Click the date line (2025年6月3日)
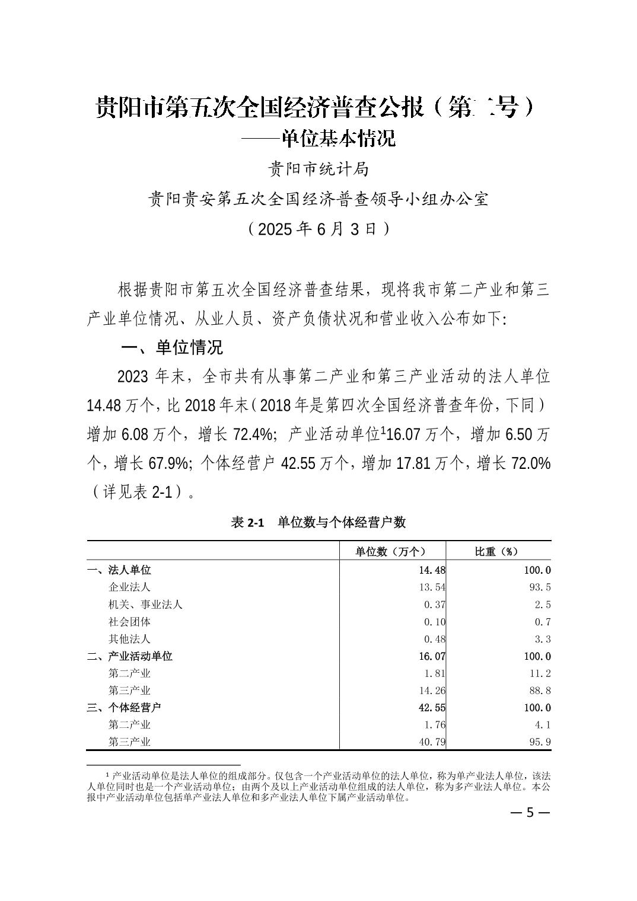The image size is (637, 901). coord(318,229)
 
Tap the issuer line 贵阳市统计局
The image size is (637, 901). coord(318,170)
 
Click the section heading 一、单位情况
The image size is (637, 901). coord(171,347)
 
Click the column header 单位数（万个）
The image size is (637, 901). coord(391,551)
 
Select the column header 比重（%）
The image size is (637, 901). coord(496,551)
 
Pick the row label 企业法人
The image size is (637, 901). coord(130,587)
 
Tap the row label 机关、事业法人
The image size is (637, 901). coord(145,605)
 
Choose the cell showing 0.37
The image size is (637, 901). coord(435,605)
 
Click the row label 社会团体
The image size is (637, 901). coord(130,622)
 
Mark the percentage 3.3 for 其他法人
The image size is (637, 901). coord(543,639)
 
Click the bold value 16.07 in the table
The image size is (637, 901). coord(432,656)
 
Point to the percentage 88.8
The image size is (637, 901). coord(540,691)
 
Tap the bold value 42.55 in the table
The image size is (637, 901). coord(432,708)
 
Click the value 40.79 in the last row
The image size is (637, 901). coord(432,742)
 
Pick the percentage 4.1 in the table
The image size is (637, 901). coord(543,725)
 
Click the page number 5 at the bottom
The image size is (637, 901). coord(531,812)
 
